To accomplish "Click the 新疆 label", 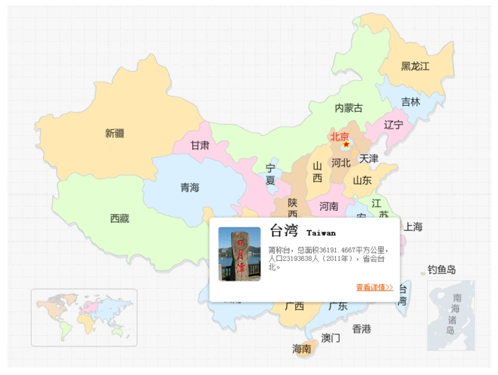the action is pyautogui.click(x=115, y=133).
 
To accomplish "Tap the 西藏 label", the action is pyautogui.click(x=119, y=218).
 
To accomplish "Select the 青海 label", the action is pyautogui.click(x=189, y=188).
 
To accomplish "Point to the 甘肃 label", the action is pyautogui.click(x=200, y=145).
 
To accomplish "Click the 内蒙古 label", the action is pyautogui.click(x=349, y=109).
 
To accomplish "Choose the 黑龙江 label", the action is pyautogui.click(x=415, y=66).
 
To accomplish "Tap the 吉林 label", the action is pyautogui.click(x=410, y=102).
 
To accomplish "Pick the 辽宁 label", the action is pyautogui.click(x=394, y=124).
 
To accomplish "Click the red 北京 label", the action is pyautogui.click(x=340, y=136).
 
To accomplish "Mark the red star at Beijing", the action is pyautogui.click(x=346, y=143).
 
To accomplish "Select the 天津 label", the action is pyautogui.click(x=368, y=158).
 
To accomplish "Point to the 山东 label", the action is pyautogui.click(x=362, y=180).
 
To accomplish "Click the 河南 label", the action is pyautogui.click(x=329, y=205).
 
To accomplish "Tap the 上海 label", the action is pyautogui.click(x=413, y=226).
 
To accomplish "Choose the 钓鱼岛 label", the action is pyautogui.click(x=442, y=269).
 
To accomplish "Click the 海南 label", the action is pyautogui.click(x=302, y=348).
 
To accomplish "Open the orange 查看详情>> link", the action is pyautogui.click(x=374, y=287).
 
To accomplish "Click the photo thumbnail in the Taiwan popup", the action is pyautogui.click(x=240, y=253).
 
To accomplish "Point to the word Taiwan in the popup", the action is pyautogui.click(x=321, y=233).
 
